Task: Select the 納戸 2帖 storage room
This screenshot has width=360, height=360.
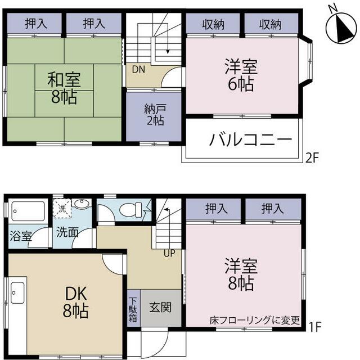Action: pos(153,114)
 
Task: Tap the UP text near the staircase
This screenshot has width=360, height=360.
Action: pos(169,253)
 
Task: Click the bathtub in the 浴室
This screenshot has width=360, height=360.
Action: pos(28,212)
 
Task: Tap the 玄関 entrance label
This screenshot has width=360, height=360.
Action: pos(160,308)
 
